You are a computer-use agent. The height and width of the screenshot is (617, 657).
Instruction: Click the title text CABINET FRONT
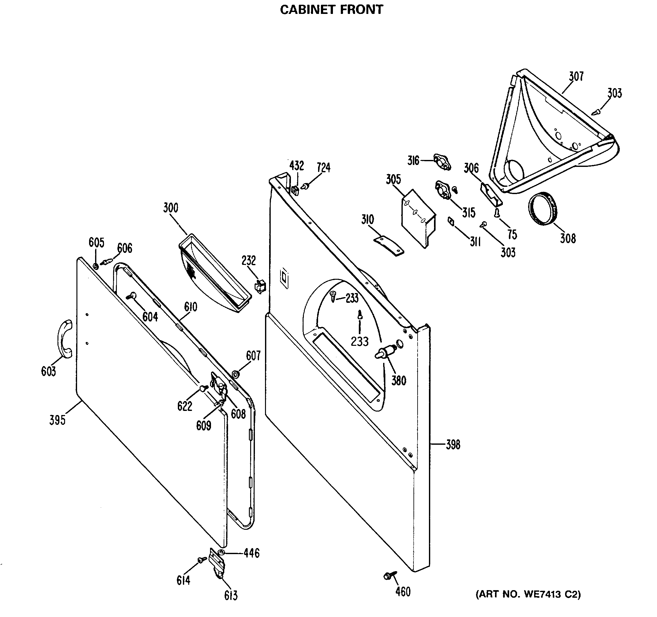(x=331, y=9)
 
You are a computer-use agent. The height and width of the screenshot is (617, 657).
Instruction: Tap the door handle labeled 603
(x=65, y=339)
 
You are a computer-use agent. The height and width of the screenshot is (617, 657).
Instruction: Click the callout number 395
(x=57, y=420)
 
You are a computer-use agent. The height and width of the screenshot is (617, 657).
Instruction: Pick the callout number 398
(x=453, y=445)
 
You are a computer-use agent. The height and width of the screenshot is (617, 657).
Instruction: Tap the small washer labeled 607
(x=235, y=374)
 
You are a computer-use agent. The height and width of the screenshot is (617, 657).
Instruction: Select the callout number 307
(x=576, y=76)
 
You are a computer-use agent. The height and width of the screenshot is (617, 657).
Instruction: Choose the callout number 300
(x=171, y=208)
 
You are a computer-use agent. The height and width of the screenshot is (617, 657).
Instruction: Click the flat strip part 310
(x=389, y=245)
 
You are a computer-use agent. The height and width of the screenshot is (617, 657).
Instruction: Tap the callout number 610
(x=191, y=307)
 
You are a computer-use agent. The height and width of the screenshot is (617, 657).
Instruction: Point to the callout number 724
(x=323, y=168)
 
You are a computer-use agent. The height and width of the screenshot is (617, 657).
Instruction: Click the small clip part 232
(x=260, y=286)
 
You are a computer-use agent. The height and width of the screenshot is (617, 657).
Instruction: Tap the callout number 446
(x=251, y=553)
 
